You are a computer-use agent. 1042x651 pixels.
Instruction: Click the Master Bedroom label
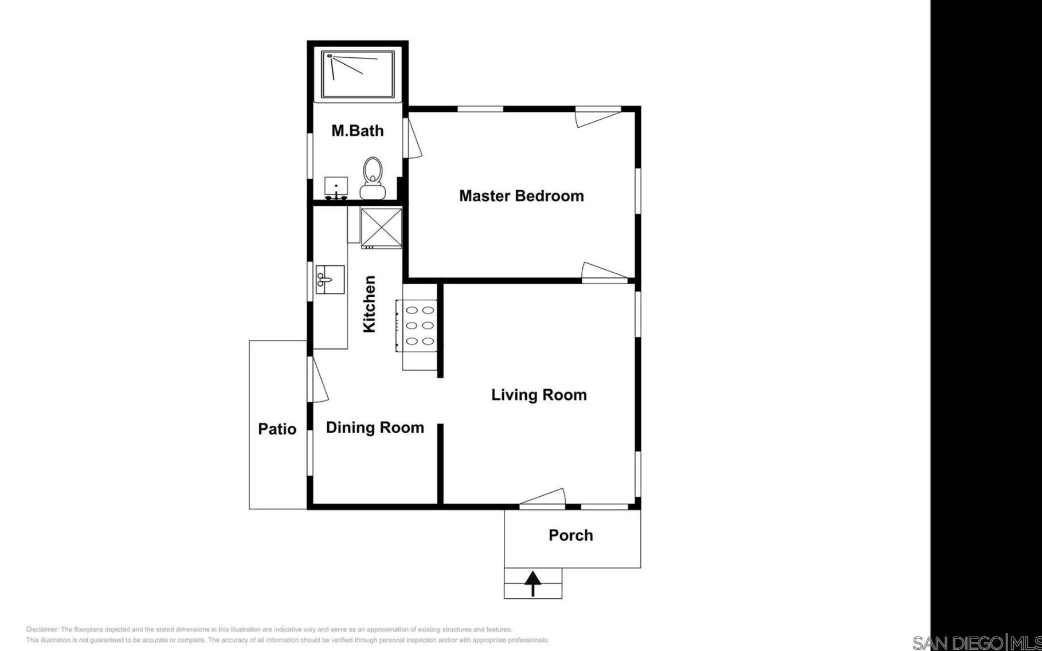coord(521,196)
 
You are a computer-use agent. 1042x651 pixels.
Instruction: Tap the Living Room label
coord(539,395)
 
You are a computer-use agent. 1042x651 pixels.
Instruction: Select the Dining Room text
coord(375,428)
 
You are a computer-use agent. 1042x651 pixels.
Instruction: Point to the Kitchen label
coord(370,304)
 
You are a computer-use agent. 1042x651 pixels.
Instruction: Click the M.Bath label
coord(358,131)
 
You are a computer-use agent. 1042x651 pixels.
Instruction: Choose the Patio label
coord(277,429)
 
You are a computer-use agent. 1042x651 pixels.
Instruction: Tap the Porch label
coord(571,535)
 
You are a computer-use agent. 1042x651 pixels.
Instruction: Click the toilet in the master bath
coord(373,178)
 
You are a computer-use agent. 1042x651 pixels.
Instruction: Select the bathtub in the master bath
coord(358,75)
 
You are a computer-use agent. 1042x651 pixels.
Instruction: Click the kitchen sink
coord(330,279)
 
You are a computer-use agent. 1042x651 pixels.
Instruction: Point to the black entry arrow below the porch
coord(533,583)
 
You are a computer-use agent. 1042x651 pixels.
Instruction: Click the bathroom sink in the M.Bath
coord(336,188)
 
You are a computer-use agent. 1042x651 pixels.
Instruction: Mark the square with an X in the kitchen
coord(382,228)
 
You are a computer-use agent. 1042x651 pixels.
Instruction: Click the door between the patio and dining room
coord(317,379)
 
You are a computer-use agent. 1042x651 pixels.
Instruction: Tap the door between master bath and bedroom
coord(413,137)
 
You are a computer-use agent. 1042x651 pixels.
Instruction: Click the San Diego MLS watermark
coord(977,642)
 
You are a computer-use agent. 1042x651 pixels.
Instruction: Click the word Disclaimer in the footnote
coord(42,629)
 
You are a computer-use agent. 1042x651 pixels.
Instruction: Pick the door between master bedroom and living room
coord(605,273)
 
